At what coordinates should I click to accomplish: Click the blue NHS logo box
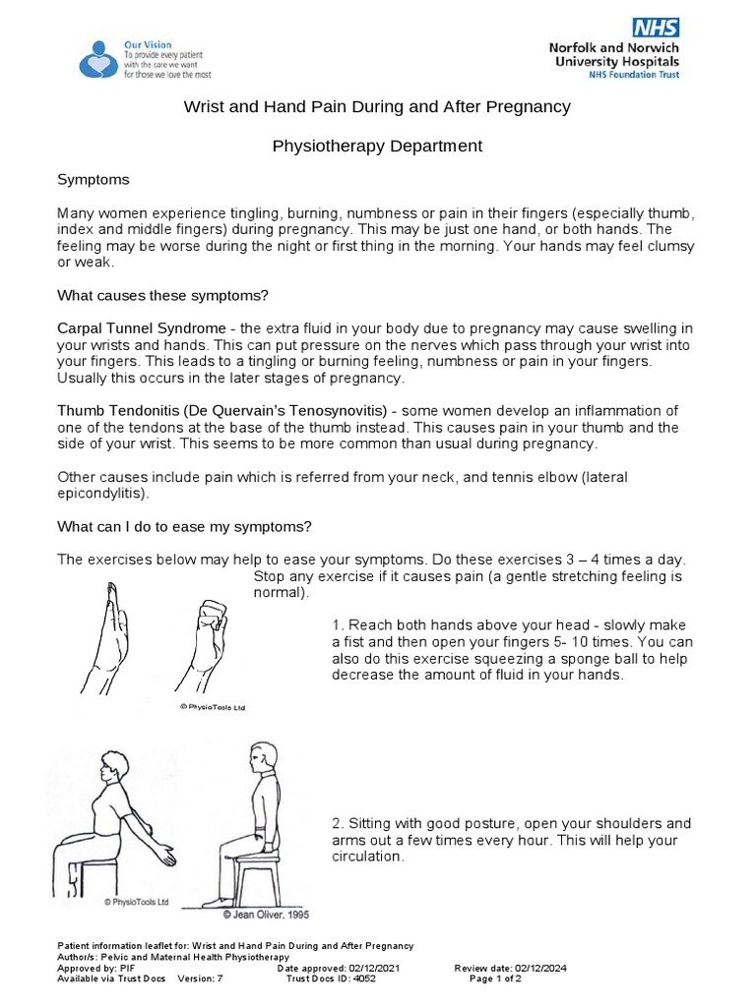pos(656,28)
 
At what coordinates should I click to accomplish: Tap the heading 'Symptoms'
pos(94,181)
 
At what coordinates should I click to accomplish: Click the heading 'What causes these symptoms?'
pos(162,295)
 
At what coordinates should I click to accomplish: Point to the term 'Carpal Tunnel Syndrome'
pos(141,327)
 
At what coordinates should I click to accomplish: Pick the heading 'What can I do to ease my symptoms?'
pos(184,525)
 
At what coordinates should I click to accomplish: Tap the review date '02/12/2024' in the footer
pos(536,969)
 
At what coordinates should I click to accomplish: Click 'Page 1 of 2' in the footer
pos(495,979)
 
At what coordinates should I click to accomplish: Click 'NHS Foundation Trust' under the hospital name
pos(630,74)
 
